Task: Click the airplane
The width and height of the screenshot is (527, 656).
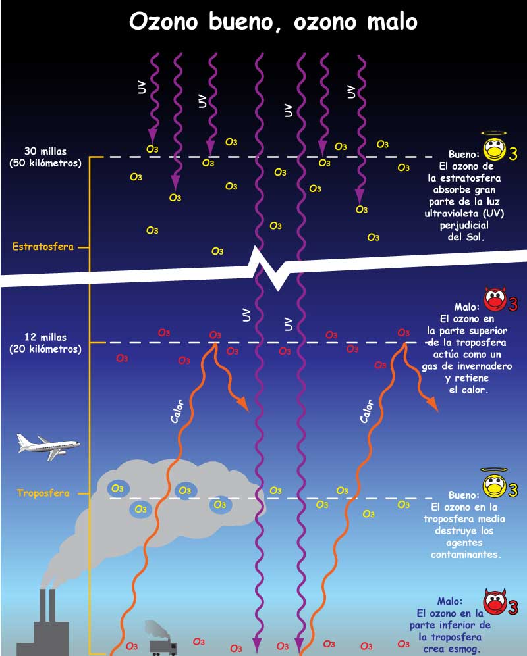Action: tap(47, 446)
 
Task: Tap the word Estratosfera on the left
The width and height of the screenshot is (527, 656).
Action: tap(43, 247)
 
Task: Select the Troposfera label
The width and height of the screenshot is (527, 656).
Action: tap(43, 493)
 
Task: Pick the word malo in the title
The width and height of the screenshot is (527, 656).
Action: tap(392, 21)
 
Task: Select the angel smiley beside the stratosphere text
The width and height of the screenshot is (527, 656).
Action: tap(495, 147)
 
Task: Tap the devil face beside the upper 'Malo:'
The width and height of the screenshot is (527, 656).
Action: tap(495, 299)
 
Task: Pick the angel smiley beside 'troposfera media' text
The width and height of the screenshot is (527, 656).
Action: tap(494, 484)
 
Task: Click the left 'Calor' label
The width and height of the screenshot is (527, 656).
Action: tap(177, 411)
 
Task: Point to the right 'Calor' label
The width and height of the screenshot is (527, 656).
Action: tap(366, 411)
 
